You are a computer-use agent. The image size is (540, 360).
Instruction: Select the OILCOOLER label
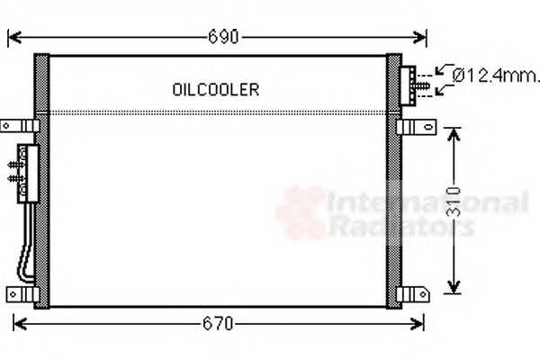(x=216, y=89)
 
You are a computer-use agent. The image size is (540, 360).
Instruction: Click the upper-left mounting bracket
(x=18, y=125)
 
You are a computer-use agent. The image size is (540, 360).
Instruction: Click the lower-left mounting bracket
(x=20, y=293)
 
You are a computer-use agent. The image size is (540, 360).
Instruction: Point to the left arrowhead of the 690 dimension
(x=13, y=38)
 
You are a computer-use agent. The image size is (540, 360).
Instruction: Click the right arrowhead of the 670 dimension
(x=418, y=323)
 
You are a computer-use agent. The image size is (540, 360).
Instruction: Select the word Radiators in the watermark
(x=401, y=225)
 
